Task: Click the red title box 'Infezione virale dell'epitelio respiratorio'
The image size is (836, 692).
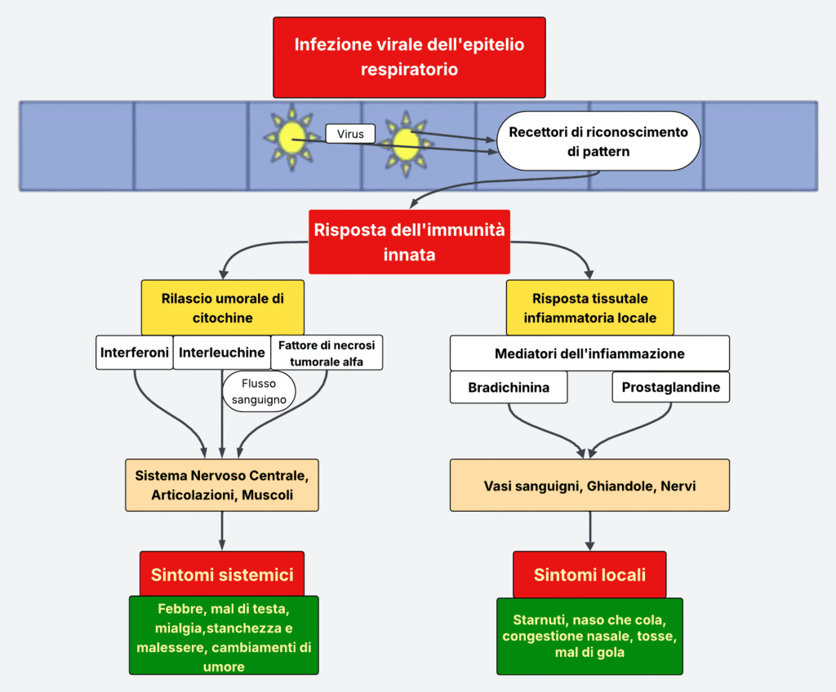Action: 409,57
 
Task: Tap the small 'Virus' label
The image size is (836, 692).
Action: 349,133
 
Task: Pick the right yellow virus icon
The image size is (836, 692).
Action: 405,144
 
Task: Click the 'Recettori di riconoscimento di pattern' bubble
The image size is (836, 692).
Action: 598,141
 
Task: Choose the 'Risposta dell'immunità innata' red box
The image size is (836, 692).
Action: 409,242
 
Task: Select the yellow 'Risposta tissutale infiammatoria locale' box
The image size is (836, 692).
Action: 589,308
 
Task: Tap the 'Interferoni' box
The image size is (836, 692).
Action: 135,353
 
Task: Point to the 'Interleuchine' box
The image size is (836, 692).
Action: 222,353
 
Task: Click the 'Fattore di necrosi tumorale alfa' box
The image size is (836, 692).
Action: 327,353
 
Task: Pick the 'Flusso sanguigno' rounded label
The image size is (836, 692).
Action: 259,391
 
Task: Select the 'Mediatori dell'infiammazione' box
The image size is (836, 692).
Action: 589,353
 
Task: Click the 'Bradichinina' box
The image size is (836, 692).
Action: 509,388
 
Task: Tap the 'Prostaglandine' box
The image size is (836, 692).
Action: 670,388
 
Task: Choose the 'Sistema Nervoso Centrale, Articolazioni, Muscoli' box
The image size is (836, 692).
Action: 222,485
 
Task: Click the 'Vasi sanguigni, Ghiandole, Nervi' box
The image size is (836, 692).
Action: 589,485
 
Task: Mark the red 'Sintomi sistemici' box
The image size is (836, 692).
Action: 222,574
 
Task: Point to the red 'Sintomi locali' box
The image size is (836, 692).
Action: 589,574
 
